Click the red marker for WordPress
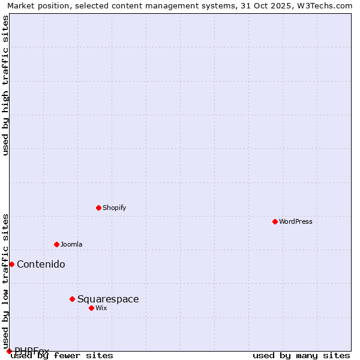click(275, 221)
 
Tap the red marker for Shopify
click(98, 208)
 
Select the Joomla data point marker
click(56, 244)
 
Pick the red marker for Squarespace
click(72, 299)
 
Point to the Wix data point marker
click(91, 308)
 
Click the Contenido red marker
click(11, 264)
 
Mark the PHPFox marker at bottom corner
click(9, 351)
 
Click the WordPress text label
click(296, 221)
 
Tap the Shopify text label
click(114, 208)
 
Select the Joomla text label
click(71, 244)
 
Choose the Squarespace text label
click(108, 299)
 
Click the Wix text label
click(101, 308)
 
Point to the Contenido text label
click(41, 264)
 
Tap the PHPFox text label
click(32, 350)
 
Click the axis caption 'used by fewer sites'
click(62, 355)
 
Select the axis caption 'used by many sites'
click(301, 355)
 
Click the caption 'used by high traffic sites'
click(5, 85)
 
